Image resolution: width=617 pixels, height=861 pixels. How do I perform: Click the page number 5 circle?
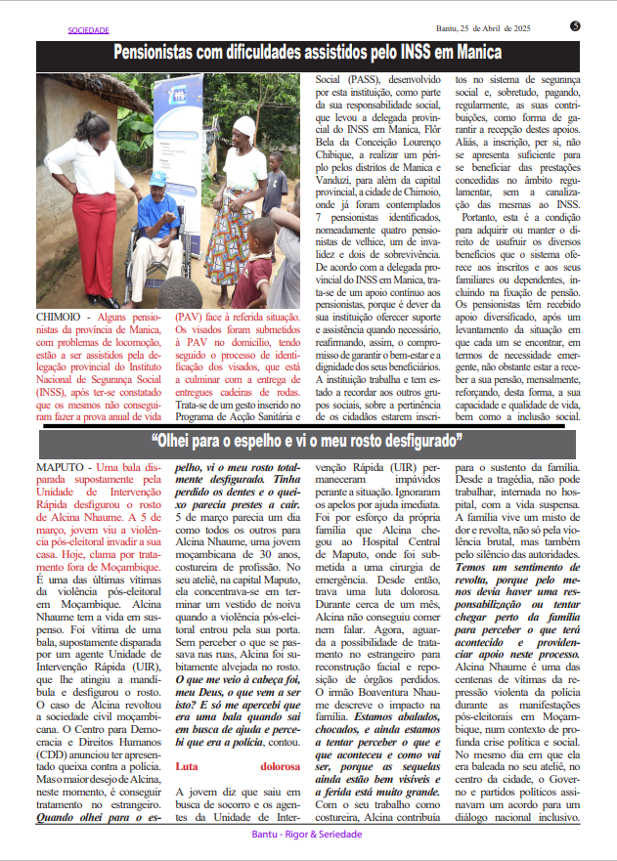pyautogui.click(x=575, y=25)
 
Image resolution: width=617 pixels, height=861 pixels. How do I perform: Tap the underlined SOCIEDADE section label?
pyautogui.click(x=88, y=30)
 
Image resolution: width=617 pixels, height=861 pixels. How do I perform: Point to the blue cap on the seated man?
pyautogui.click(x=157, y=179)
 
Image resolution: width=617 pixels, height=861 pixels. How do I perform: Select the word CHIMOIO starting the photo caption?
pyautogui.click(x=61, y=318)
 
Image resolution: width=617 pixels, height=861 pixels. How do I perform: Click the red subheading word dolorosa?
pyautogui.click(x=277, y=767)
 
